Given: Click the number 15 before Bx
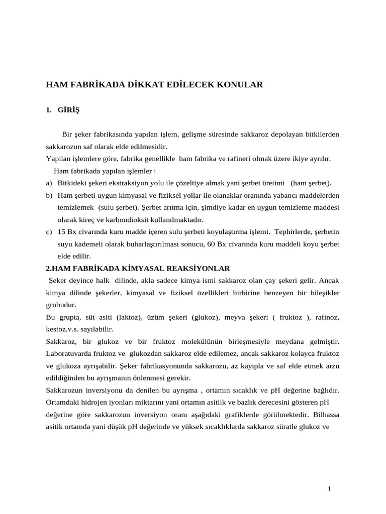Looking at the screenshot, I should pyautogui.click(x=62, y=231).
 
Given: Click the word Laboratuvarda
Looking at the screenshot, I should pyautogui.click(x=68, y=354).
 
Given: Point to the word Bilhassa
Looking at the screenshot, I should pyautogui.click(x=326, y=415).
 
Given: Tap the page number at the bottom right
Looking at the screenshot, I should pyautogui.click(x=329, y=488).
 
